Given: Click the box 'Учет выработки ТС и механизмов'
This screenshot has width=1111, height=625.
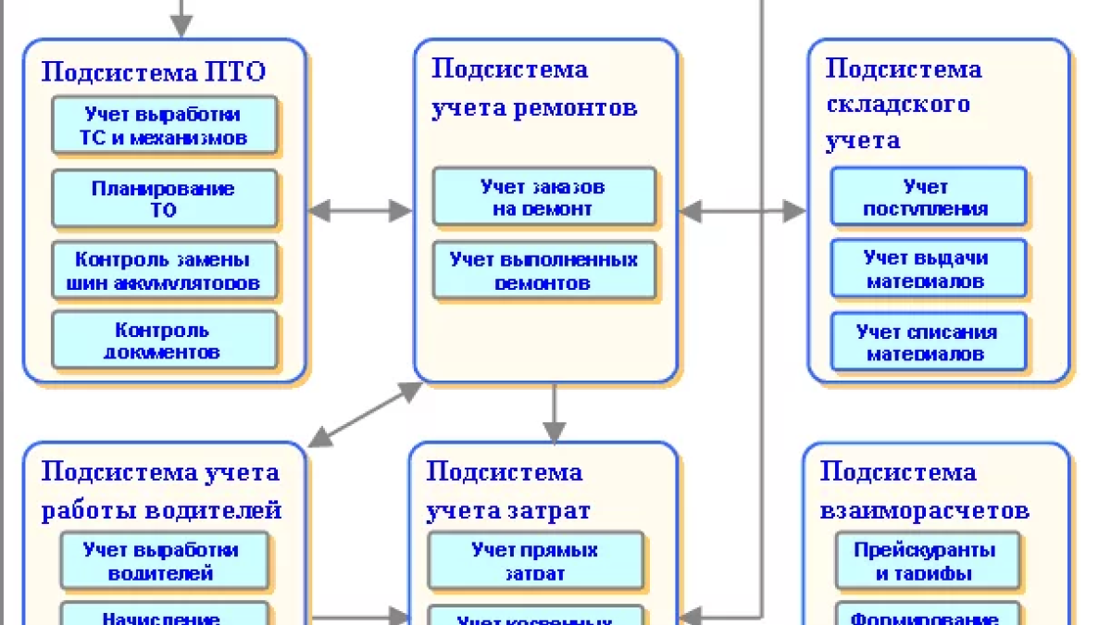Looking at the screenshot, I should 164,127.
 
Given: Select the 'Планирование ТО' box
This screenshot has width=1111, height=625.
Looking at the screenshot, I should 164,199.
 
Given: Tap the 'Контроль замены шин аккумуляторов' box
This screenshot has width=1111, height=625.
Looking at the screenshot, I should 164,271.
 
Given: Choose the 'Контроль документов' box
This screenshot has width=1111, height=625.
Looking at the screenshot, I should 164,341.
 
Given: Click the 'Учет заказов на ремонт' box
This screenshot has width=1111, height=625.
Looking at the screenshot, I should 543,197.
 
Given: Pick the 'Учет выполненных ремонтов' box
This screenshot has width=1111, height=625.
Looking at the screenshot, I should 543,271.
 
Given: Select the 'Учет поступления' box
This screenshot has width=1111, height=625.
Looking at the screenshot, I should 927,197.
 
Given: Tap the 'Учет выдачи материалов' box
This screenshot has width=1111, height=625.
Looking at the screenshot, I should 927,269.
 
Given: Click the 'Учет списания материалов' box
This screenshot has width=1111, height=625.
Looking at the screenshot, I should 927,343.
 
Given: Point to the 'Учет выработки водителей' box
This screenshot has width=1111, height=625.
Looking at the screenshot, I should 164,561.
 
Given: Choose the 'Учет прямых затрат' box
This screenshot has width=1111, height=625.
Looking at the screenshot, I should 535,561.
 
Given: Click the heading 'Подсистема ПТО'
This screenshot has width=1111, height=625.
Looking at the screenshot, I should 154,72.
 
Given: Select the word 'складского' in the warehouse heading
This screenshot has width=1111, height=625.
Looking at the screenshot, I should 897,104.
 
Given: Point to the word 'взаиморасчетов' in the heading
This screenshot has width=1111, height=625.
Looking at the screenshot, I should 924,510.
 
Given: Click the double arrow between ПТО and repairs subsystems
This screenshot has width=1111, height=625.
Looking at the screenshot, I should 359,211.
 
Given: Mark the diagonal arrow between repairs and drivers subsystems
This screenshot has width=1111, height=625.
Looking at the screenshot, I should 365,414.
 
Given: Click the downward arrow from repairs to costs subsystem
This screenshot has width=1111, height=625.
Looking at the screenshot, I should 554,413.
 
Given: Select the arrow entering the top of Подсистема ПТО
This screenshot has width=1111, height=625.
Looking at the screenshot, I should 181,19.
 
